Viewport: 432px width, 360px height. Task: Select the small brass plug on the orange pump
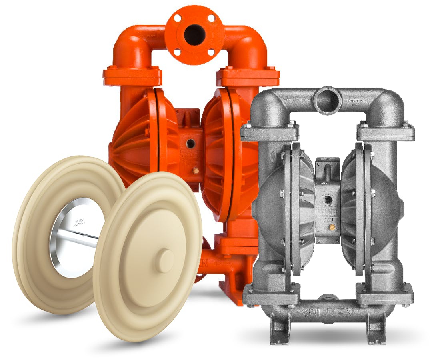click(196, 170)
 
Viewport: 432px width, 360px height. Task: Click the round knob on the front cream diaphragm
click(164, 261)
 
